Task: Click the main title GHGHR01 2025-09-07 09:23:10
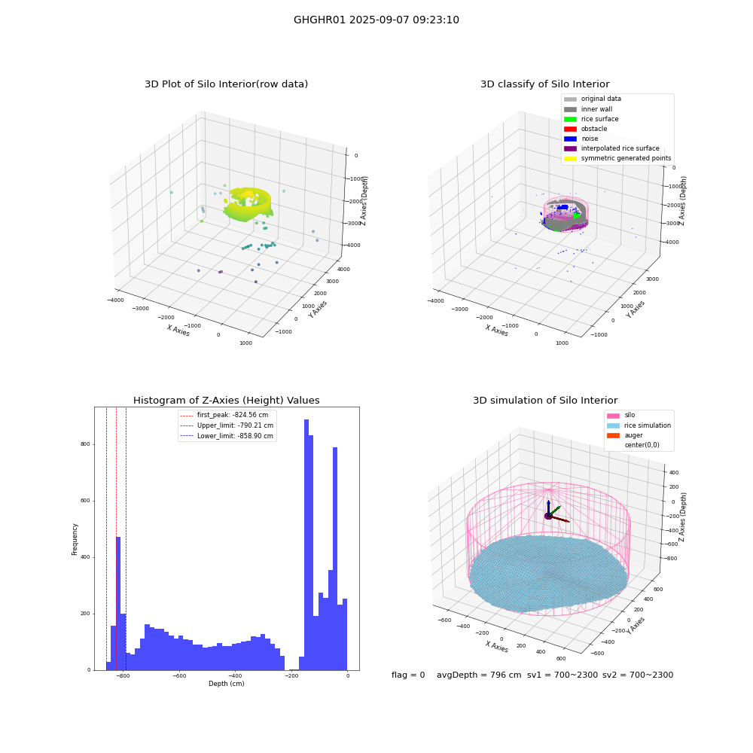[376, 20]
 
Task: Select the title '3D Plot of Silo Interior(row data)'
[226, 84]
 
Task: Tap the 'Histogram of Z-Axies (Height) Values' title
[226, 400]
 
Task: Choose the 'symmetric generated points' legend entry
[617, 158]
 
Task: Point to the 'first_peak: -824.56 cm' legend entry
[224, 415]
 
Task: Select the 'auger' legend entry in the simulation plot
[625, 435]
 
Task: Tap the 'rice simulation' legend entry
[639, 425]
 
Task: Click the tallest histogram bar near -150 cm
[306, 544]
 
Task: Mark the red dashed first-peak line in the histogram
[116, 539]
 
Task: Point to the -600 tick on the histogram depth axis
[180, 675]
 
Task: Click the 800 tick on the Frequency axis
[86, 444]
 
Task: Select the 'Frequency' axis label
[75, 539]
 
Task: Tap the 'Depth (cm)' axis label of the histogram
[227, 684]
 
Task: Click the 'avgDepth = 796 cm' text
[479, 675]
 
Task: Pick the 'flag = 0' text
[408, 675]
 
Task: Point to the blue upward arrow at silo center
[548, 508]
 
